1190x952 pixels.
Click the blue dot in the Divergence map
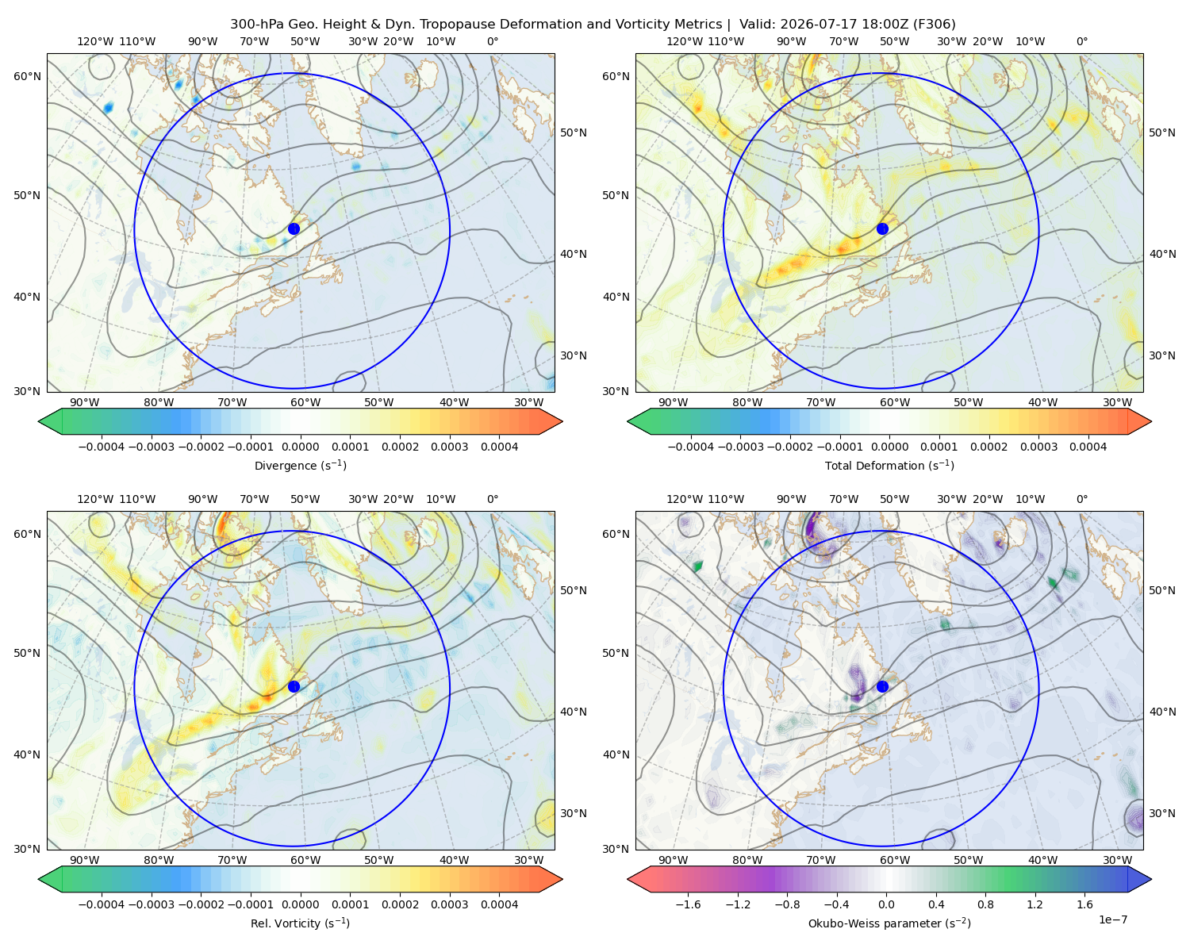[294, 228]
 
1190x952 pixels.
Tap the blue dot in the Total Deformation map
[882, 228]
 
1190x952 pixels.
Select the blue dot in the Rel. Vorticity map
[294, 686]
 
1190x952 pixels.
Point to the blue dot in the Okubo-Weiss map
[882, 686]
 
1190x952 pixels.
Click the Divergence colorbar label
[300, 465]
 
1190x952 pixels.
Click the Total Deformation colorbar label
[889, 465]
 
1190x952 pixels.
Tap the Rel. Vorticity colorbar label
[300, 923]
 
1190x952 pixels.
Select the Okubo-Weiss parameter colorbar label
[889, 923]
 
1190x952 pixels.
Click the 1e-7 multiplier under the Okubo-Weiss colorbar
[1112, 919]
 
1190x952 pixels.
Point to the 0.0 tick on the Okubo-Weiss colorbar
[886, 904]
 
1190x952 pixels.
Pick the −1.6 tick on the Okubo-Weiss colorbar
[689, 904]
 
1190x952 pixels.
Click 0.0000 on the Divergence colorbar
[300, 447]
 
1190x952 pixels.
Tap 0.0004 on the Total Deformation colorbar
[1088, 447]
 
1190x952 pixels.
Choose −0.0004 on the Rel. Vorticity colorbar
[102, 904]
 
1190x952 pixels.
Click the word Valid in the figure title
[754, 25]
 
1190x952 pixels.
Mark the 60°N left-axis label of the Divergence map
[27, 76]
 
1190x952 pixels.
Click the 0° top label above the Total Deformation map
[1081, 41]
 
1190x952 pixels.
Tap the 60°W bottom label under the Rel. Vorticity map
[305, 860]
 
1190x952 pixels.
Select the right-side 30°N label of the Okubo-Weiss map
[1161, 812]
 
